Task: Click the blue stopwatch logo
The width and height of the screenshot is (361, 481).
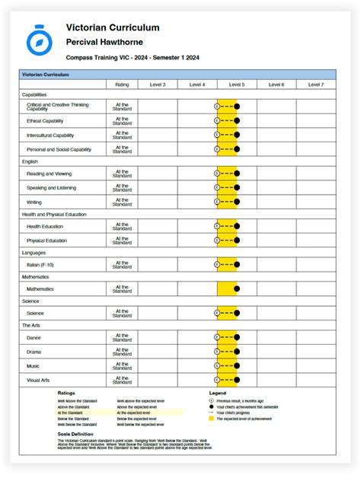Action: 38,42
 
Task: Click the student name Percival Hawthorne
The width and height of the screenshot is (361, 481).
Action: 104,42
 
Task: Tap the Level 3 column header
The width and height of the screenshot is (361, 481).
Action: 158,84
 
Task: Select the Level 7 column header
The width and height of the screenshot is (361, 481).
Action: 315,84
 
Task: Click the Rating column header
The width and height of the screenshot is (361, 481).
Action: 122,84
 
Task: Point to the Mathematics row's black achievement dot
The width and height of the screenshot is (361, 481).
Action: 237,289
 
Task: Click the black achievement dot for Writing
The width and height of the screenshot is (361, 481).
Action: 237,202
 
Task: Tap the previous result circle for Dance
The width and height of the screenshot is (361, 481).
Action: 217,338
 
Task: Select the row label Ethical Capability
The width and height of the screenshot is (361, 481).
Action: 45,120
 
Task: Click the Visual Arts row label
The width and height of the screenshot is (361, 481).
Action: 39,380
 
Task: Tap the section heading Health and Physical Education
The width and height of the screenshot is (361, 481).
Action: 53,215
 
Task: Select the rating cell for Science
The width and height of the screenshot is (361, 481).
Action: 122,313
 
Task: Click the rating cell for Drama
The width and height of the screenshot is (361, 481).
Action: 122,352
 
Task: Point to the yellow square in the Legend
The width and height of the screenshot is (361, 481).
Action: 211,419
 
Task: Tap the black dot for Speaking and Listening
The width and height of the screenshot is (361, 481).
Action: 237,188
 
